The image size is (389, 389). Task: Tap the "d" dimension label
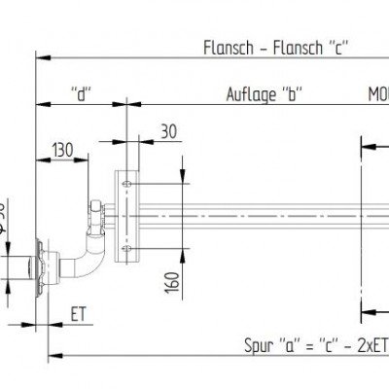tap(83, 94)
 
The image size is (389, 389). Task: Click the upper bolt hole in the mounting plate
tap(127, 181)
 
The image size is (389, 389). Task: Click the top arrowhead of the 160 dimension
tap(181, 181)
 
